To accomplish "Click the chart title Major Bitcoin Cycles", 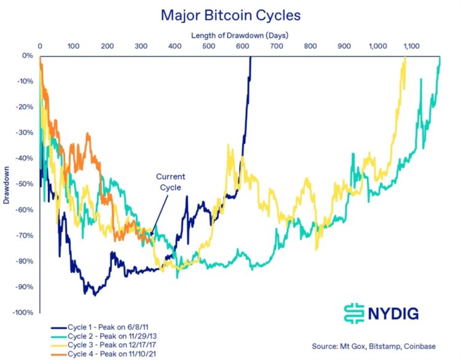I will [x=230, y=15].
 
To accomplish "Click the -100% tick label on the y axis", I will [x=22, y=313].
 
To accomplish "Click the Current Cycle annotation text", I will [x=170, y=182].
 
